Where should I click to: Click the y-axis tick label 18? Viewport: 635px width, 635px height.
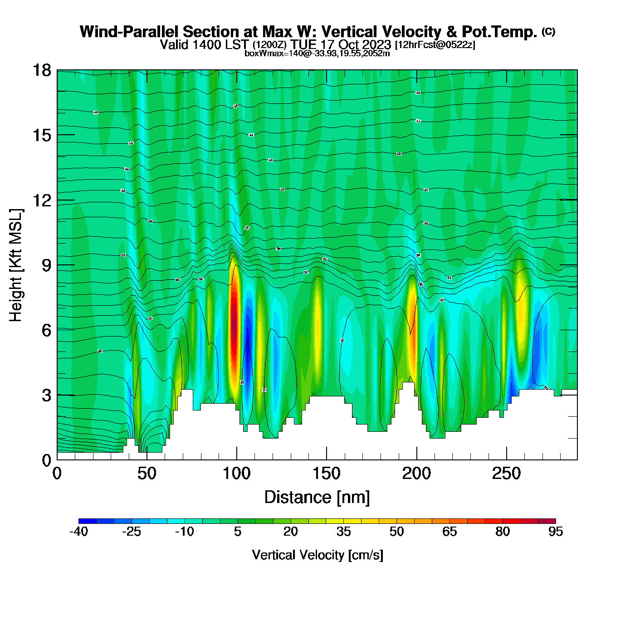[41, 70]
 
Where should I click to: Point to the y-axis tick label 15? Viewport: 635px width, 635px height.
[41, 135]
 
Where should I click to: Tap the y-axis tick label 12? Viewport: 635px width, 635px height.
[41, 200]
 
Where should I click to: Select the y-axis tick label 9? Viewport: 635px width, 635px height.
[46, 265]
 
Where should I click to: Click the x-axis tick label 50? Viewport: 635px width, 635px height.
[147, 474]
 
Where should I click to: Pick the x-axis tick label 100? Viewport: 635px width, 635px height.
[236, 474]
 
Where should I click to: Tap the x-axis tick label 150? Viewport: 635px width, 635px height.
[326, 474]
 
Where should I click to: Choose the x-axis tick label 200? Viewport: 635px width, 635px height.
[416, 474]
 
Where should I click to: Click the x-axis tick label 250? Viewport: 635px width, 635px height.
[506, 474]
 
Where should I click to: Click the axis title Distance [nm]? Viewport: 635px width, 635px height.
[317, 498]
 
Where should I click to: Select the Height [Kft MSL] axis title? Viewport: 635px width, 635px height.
[16, 265]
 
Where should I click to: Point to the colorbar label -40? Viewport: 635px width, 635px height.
[78, 532]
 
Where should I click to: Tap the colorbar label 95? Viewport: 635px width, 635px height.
[556, 532]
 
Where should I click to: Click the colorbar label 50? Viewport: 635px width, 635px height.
[396, 532]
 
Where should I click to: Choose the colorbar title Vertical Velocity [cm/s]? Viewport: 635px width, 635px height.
[317, 555]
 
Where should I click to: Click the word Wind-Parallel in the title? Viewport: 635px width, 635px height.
[130, 32]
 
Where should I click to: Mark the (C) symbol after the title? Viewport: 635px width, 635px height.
[548, 31]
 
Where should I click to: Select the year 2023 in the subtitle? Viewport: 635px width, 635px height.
[376, 44]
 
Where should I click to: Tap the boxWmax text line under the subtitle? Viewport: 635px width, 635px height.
[317, 53]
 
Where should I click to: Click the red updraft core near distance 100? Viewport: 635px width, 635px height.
[234, 327]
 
